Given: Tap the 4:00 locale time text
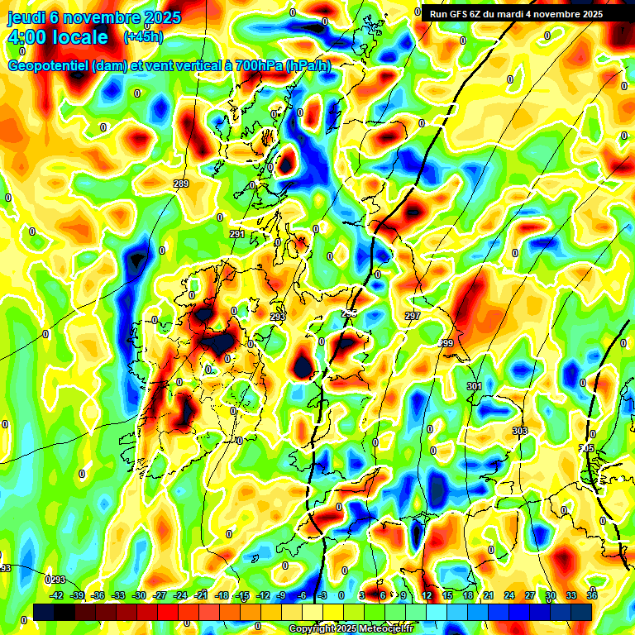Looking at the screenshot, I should (x=57, y=37).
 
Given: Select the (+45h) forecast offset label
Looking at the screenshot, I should (x=143, y=36).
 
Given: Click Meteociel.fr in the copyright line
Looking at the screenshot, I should (x=382, y=629).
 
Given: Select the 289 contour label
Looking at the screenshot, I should (x=181, y=184).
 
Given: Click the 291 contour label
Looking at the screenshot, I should (x=237, y=235).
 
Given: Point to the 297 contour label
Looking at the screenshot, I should (x=413, y=317).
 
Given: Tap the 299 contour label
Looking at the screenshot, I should (x=446, y=343).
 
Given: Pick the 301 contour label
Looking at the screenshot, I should (x=474, y=386).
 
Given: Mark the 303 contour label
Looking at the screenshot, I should (x=519, y=431).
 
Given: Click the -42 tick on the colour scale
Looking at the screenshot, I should (x=57, y=595).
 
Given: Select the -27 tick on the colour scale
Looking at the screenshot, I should (x=160, y=595).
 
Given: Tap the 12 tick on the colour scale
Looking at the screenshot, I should (x=427, y=595).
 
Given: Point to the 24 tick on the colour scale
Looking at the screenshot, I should (x=508, y=595).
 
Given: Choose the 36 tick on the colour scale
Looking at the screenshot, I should (x=592, y=595).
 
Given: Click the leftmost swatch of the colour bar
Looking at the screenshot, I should (x=45, y=611).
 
